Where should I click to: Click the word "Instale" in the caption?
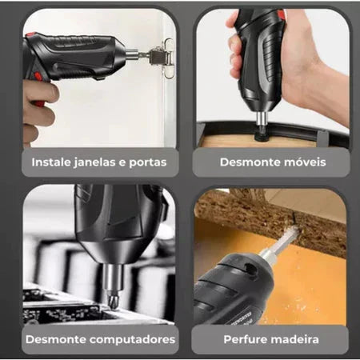tap(50, 162)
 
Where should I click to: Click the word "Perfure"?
tap(239, 339)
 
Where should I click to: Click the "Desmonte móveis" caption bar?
tap(272, 162)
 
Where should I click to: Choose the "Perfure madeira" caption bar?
tap(272, 339)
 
